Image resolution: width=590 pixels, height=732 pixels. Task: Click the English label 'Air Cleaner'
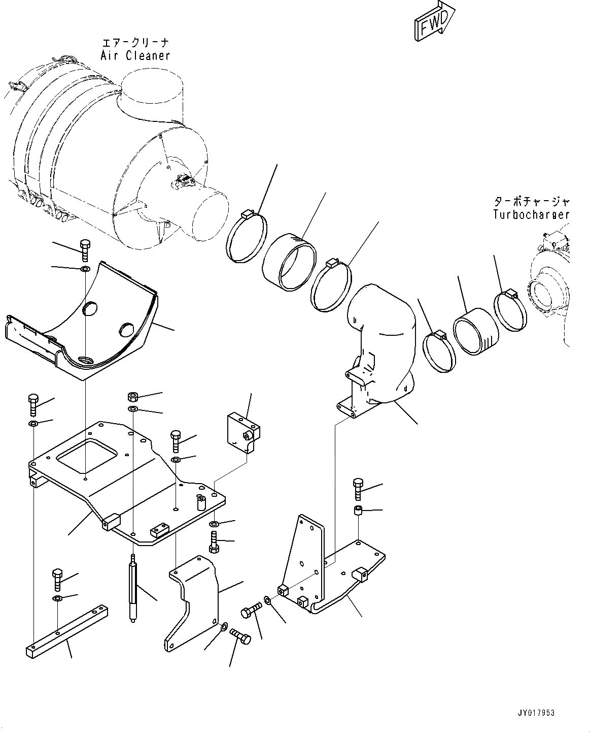(135, 55)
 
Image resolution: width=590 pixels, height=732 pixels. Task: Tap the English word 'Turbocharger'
(531, 214)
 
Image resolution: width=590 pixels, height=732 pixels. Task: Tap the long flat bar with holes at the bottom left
(66, 629)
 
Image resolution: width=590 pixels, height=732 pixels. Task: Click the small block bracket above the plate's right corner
(242, 431)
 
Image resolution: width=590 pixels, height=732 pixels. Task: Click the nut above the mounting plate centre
(133, 397)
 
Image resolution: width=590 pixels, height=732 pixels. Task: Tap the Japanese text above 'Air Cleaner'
(134, 43)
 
